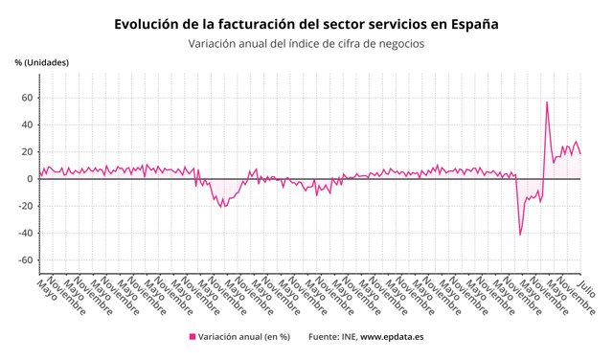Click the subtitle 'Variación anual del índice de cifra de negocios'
306,43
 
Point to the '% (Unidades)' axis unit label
41,63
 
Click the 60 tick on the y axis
28,98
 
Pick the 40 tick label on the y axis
28,124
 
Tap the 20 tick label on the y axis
28,151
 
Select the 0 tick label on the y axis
31,179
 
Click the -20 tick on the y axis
26,206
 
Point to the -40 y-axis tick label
26,233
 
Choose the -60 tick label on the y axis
26,259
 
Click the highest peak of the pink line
547,102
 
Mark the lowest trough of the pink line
520,235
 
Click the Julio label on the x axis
586,288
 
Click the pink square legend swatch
193,337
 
